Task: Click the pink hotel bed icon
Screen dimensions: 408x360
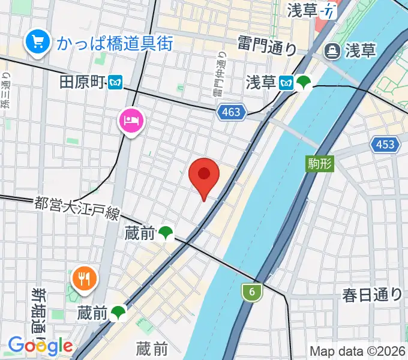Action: tap(131, 121)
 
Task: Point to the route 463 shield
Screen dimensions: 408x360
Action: tap(230, 112)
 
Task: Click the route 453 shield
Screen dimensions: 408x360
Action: tap(383, 144)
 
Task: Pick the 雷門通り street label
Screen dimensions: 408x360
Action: tap(268, 45)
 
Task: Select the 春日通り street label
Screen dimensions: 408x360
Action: tap(373, 294)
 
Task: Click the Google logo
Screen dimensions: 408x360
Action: tap(40, 346)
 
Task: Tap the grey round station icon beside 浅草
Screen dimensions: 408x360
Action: tap(331, 51)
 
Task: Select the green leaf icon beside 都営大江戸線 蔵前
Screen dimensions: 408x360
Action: tap(166, 233)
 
